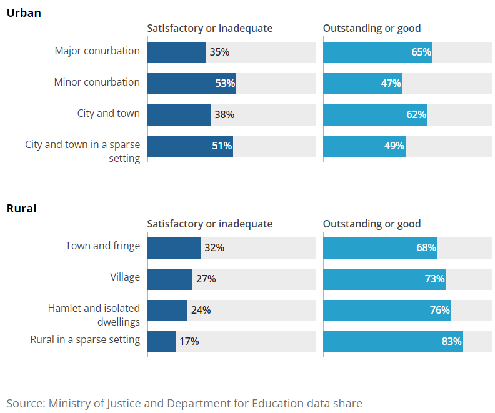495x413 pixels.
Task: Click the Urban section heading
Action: pos(24,12)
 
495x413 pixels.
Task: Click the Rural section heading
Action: pos(21,208)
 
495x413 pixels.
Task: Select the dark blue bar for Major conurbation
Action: pos(176,52)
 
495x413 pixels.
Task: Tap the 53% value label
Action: pos(225,83)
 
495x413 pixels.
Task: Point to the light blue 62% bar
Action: pos(375,115)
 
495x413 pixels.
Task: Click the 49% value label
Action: pos(394,146)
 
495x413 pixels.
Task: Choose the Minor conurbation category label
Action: pos(97,82)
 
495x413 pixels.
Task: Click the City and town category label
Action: pos(108,113)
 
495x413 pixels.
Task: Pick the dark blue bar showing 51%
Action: pos(189,146)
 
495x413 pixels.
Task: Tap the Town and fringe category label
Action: pos(102,246)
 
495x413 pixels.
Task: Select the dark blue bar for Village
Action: pos(169,279)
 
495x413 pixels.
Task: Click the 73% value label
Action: pos(434,279)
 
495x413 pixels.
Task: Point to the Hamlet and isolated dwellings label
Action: pos(94,315)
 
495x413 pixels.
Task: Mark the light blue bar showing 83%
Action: pos(392,342)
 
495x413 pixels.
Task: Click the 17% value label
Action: pos(189,342)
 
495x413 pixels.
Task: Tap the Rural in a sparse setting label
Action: pos(85,339)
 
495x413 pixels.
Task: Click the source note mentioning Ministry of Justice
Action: pos(184,403)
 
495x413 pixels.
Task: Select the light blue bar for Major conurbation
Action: pos(377,52)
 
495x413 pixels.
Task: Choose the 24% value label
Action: pos(201,311)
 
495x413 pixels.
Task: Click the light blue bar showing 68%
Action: pos(380,248)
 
